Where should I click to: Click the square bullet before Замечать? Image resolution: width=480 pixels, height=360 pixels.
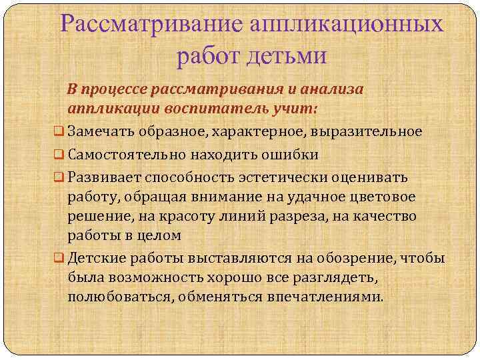(59, 131)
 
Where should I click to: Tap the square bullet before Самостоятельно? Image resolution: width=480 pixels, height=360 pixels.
(59, 155)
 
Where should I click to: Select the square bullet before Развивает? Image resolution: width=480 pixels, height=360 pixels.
(59, 178)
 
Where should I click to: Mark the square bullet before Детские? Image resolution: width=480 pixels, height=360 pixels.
(59, 259)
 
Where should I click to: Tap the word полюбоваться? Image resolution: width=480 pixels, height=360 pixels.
(117, 296)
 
